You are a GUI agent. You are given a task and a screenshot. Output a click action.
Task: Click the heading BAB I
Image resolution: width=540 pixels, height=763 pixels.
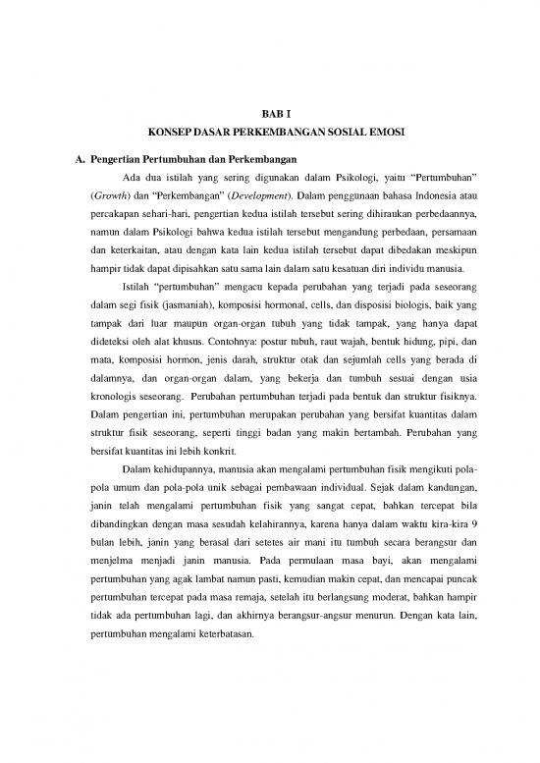268,115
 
